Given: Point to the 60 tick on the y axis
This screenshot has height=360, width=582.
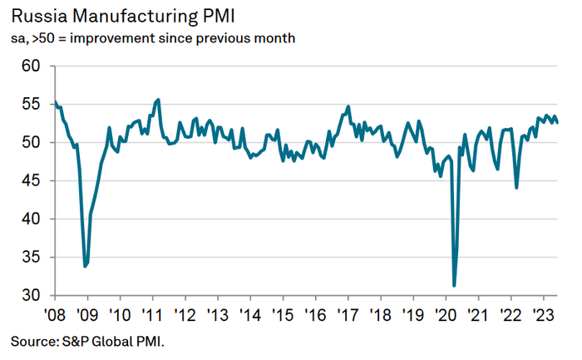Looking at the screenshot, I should click(31, 66).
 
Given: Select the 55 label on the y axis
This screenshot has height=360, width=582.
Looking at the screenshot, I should click(31, 104).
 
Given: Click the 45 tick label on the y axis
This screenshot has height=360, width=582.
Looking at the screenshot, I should click(31, 180).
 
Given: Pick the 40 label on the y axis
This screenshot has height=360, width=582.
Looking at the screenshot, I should click(31, 219).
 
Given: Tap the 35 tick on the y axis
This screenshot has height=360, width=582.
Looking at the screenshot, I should click(31, 257).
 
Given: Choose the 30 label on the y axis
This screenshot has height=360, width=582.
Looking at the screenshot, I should click(31, 295).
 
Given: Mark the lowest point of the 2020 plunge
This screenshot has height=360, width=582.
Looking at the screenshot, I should click(454, 286).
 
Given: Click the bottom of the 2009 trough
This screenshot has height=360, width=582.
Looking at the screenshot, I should click(85, 266).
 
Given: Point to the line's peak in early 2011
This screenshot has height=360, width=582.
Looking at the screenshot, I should click(159, 99).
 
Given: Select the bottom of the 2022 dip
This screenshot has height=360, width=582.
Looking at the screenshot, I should click(516, 188).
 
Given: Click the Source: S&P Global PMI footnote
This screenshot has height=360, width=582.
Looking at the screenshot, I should click(92, 341).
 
